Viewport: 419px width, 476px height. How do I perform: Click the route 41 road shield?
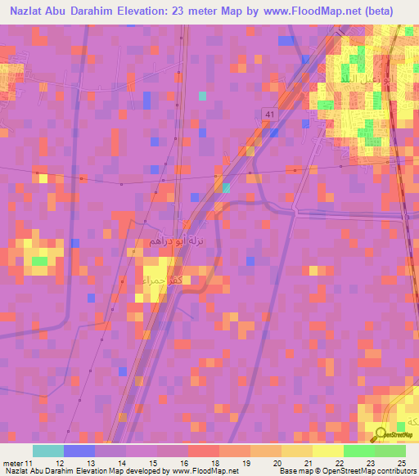269,111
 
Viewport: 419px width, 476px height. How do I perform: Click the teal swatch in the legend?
47,451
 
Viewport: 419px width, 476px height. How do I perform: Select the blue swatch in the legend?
79,451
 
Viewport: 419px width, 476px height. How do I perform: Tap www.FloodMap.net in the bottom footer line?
204,471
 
